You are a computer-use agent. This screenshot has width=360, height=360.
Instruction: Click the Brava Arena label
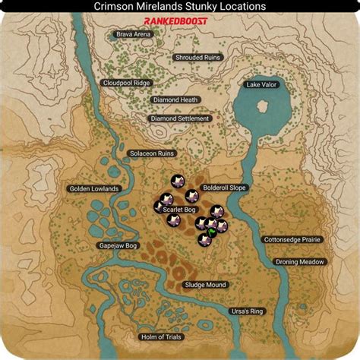[132, 34]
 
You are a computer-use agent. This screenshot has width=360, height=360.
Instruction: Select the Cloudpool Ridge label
[126, 83]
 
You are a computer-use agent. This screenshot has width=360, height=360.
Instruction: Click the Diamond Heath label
[175, 99]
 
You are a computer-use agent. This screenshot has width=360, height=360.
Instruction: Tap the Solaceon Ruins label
[153, 153]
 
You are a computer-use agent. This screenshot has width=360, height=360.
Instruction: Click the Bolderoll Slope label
[226, 187]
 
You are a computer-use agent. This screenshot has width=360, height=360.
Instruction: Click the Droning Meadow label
[299, 261]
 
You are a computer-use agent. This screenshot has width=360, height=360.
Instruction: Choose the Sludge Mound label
[206, 285]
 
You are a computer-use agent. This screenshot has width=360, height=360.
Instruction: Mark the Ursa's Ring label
[247, 311]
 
